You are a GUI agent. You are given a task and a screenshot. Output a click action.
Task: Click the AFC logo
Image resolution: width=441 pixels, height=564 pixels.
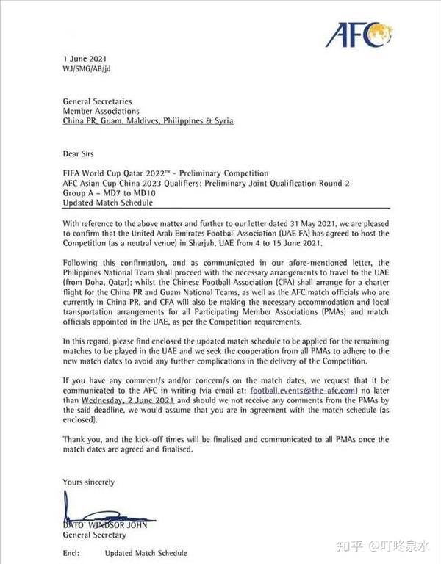pos(360,34)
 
